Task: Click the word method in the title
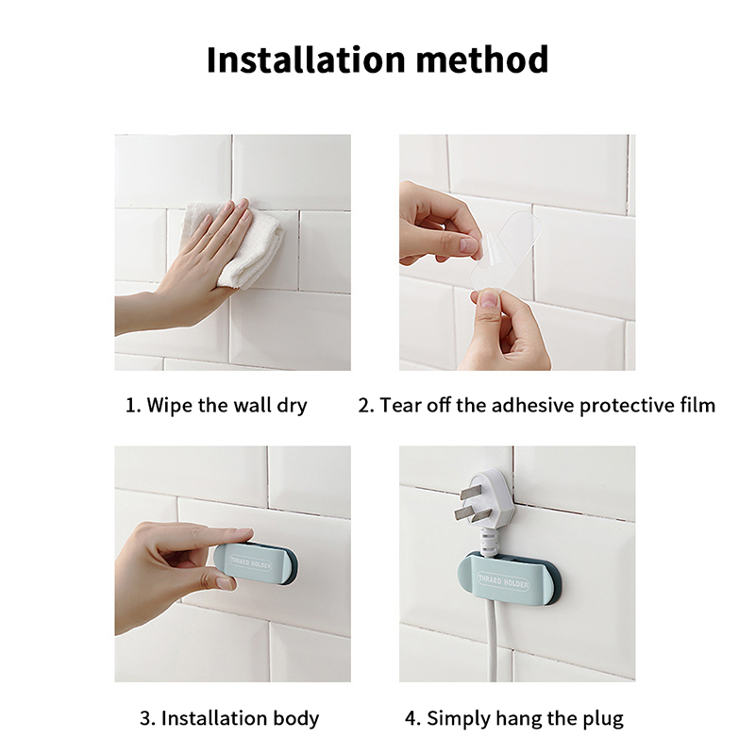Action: (482, 59)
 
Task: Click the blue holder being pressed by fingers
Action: (255, 563)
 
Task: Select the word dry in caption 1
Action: (292, 406)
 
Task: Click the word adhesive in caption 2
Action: (532, 405)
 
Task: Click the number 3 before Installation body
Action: (145, 718)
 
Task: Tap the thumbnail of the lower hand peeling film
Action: (489, 299)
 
